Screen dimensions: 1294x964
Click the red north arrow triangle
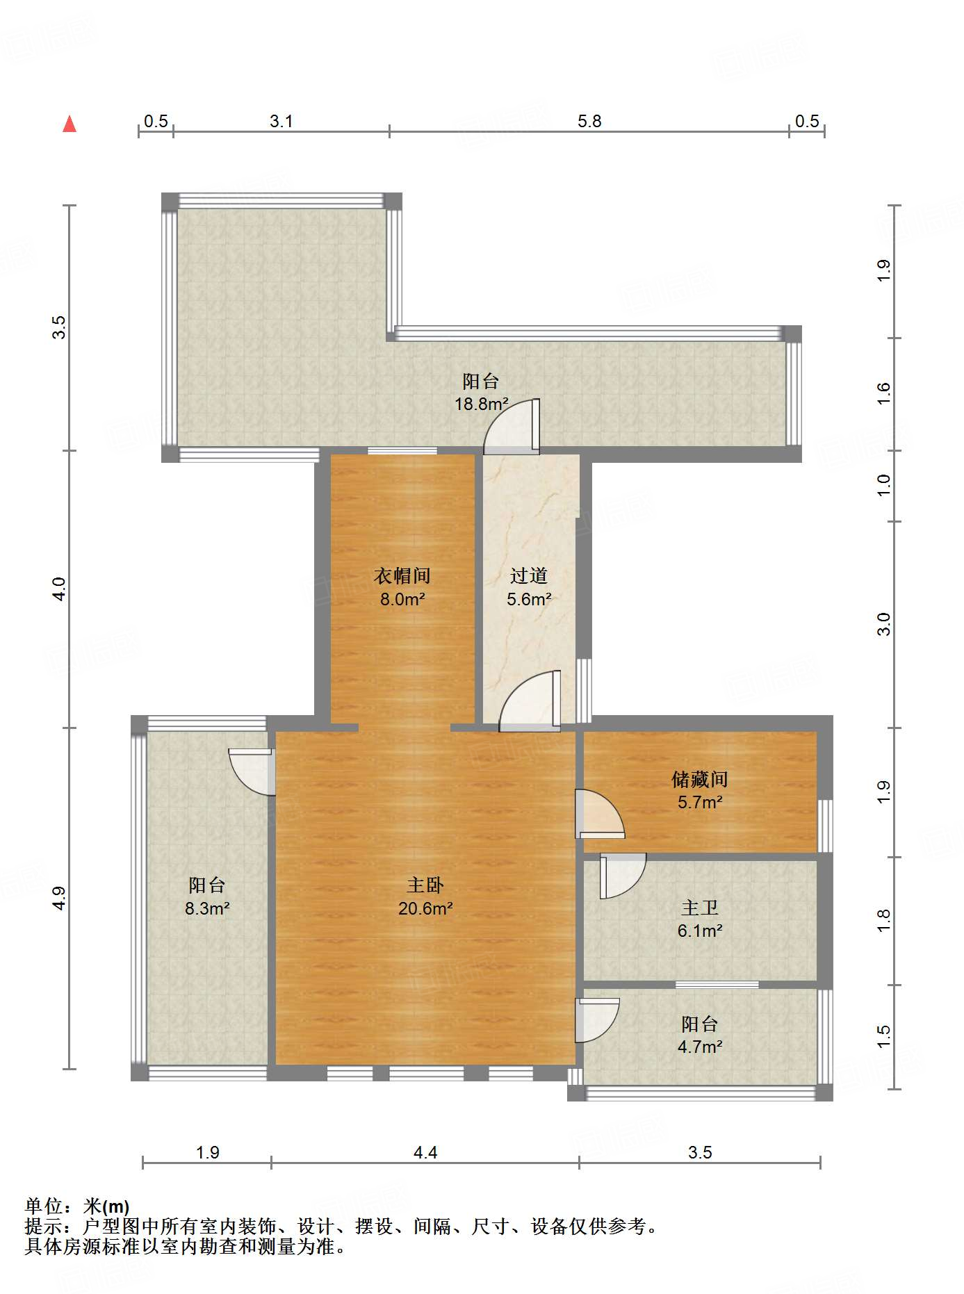coord(70,124)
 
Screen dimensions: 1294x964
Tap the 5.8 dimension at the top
coord(589,122)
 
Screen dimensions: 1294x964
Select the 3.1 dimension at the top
coord(281,122)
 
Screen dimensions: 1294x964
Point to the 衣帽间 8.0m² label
coord(402,587)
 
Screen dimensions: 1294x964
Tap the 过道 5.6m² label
coord(529,587)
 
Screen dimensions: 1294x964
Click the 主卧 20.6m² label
coord(425,896)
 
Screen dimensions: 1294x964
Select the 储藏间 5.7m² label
coord(700,790)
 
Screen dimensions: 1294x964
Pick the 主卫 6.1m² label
coord(700,919)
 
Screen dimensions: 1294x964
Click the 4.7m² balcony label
coord(700,1035)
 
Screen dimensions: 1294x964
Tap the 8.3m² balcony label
coord(207,896)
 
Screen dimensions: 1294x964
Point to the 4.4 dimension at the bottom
coord(425,1153)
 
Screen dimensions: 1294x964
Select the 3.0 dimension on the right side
coord(883,623)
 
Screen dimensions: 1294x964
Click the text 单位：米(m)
coord(77,1206)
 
